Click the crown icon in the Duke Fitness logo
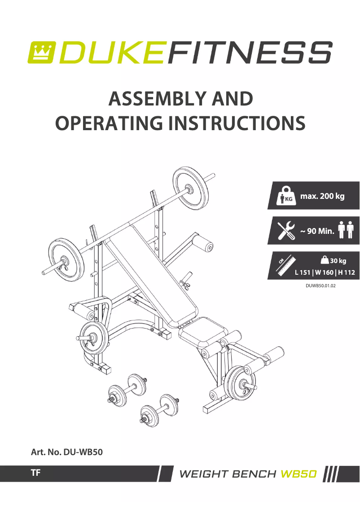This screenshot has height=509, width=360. pyautogui.click(x=40, y=52)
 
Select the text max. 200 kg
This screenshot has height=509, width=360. pyautogui.click(x=322, y=196)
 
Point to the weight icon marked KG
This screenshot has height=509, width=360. pyautogui.click(x=285, y=196)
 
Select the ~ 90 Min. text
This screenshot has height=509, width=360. pyautogui.click(x=317, y=231)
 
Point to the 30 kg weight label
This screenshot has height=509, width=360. pyautogui.click(x=334, y=260)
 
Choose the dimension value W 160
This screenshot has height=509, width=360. pyautogui.click(x=324, y=272)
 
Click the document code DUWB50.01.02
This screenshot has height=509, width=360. pyautogui.click(x=320, y=285)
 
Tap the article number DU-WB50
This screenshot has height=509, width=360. pyautogui.click(x=83, y=452)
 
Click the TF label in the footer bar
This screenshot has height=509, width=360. pyautogui.click(x=36, y=473)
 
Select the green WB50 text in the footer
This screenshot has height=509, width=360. pyautogui.click(x=299, y=474)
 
